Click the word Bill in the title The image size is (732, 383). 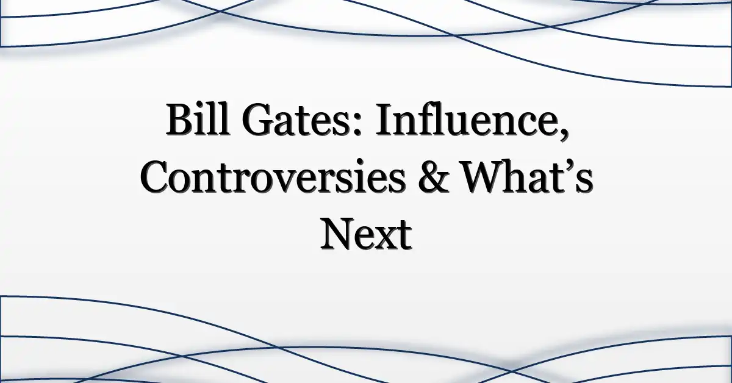pos(198,119)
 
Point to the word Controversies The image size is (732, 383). pos(273,176)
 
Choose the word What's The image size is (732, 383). pos(528,176)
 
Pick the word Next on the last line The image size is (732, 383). pos(365,234)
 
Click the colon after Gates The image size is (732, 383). pos(358,125)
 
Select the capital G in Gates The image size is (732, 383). pos(258,120)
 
